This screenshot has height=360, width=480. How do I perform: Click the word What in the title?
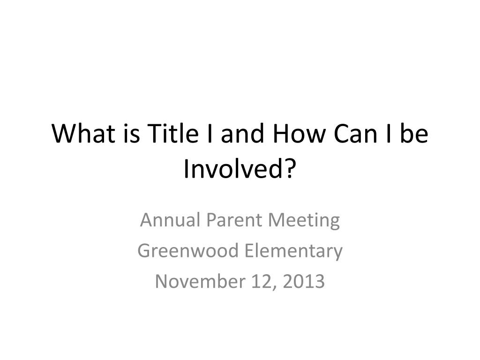(x=83, y=133)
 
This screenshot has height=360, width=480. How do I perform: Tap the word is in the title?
(x=132, y=133)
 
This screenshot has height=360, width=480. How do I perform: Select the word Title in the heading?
(x=173, y=133)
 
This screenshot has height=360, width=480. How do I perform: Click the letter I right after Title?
(x=210, y=134)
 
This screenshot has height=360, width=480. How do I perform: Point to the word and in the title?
(x=242, y=133)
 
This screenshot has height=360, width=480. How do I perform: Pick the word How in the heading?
(x=299, y=134)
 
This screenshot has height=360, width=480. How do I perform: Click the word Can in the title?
(x=355, y=134)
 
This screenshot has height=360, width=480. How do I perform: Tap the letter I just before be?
(x=389, y=134)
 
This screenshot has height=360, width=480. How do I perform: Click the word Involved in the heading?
(x=232, y=169)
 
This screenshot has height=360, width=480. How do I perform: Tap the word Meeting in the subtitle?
(x=304, y=220)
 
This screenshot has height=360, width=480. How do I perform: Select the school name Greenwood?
(x=187, y=251)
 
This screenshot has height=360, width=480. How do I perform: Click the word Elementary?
(x=293, y=251)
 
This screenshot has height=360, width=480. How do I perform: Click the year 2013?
(x=304, y=281)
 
